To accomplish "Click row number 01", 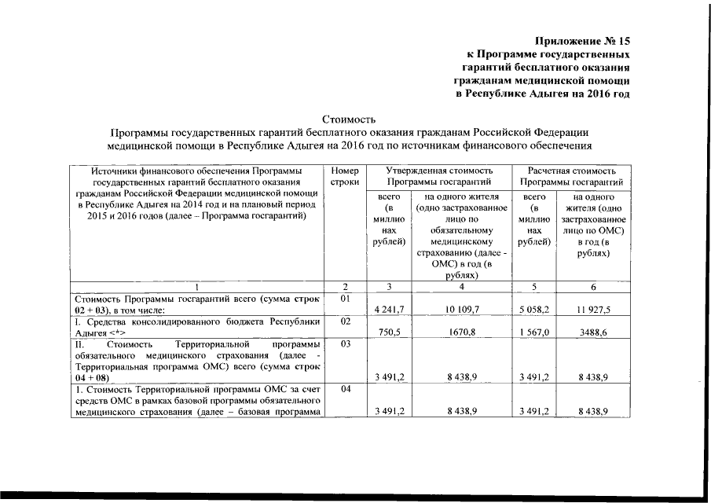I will [x=346, y=299].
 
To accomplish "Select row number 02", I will [x=346, y=321].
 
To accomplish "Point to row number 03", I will [x=346, y=344].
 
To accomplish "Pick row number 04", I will [x=346, y=389].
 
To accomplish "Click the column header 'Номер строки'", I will [x=346, y=176].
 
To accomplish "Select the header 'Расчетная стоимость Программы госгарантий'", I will [x=571, y=176].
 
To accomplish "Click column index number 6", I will [x=594, y=288].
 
